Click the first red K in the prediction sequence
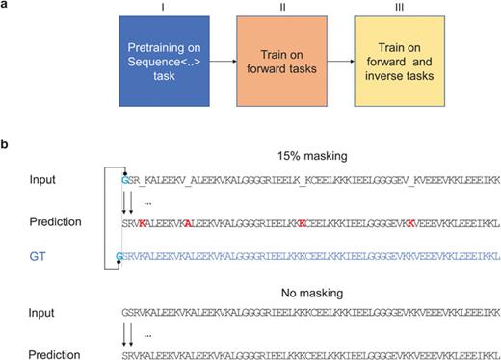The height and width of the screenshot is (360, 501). point(141,223)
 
